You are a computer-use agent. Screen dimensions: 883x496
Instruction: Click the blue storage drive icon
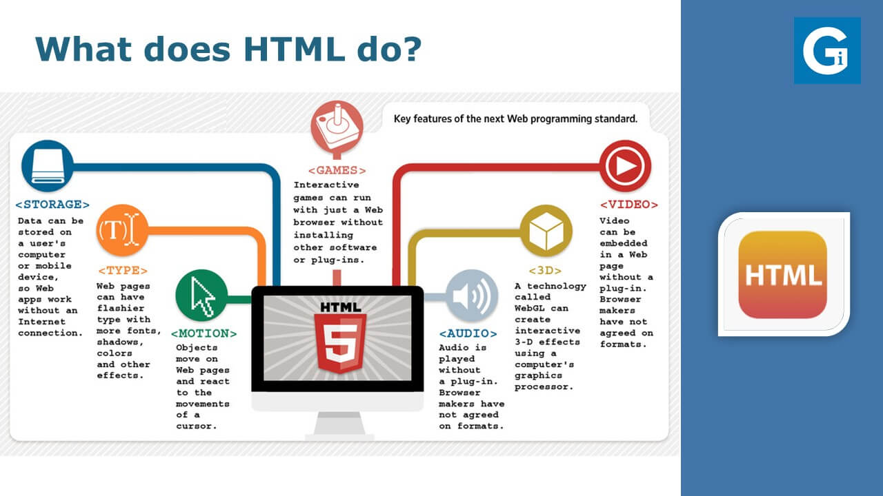48,166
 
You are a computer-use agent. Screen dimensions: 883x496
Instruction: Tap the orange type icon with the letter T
122,230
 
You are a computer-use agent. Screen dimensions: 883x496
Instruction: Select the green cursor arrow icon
201,296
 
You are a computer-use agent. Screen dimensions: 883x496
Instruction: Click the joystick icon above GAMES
337,126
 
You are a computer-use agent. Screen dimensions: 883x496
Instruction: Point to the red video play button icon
625,166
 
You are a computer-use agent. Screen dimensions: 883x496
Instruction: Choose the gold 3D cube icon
546,230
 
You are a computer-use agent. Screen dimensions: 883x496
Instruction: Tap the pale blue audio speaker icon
472,296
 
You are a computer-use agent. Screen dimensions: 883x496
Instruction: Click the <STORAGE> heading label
52,205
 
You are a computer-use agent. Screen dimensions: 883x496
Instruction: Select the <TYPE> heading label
123,271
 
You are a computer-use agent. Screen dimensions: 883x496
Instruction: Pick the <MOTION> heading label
204,333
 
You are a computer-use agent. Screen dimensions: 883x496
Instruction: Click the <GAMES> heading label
337,170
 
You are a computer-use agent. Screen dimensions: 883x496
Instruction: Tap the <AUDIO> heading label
468,333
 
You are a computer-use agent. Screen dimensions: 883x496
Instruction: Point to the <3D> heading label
545,271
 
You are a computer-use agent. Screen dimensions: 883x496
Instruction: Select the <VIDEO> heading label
629,205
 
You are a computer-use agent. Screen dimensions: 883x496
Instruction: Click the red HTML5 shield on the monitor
340,342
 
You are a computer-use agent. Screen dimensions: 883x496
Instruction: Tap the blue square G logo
827,50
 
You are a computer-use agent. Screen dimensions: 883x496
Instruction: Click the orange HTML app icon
782,275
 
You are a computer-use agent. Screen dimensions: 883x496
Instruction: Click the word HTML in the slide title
295,49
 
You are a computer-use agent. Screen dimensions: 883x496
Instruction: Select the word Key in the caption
402,119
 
